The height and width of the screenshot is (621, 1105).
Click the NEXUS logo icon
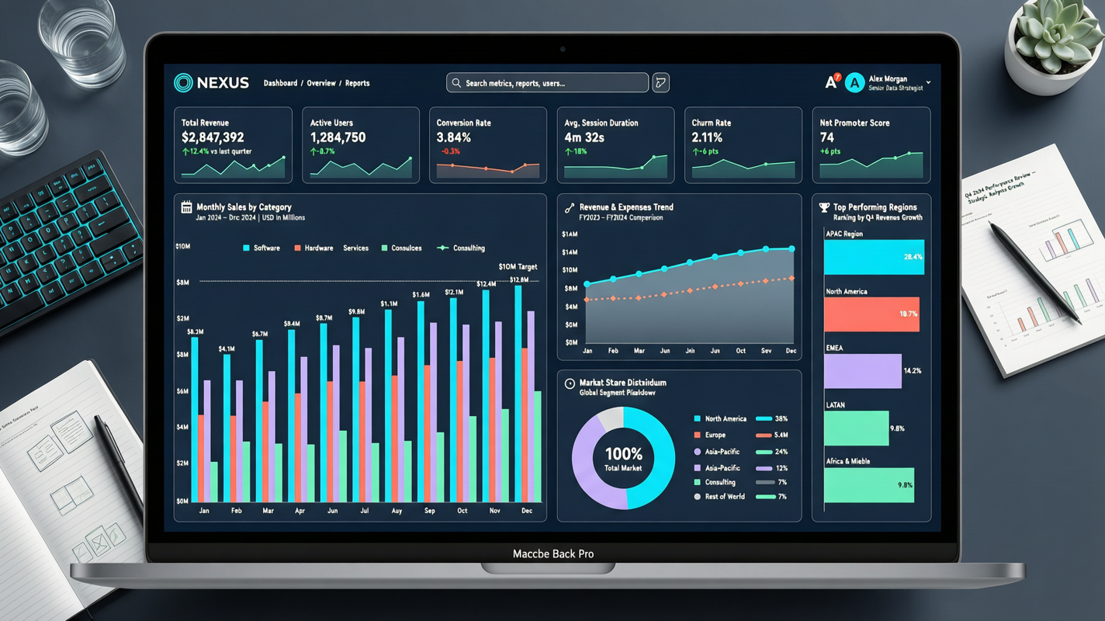pyautogui.click(x=183, y=83)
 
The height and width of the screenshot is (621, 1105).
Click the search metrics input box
pyautogui.click(x=547, y=83)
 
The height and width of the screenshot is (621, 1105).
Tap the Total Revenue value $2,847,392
pyautogui.click(x=213, y=137)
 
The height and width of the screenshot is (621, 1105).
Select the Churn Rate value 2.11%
pyautogui.click(x=707, y=137)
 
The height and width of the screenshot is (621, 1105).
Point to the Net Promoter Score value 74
pyautogui.click(x=826, y=137)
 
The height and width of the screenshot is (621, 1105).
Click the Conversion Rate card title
pyautogui.click(x=463, y=123)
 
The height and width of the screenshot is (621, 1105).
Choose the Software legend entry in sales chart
pyautogui.click(x=262, y=248)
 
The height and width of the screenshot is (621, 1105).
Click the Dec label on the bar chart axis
pyautogui.click(x=527, y=511)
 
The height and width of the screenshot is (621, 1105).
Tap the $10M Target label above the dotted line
pyautogui.click(x=518, y=267)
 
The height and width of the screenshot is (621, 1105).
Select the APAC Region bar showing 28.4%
pyautogui.click(x=873, y=257)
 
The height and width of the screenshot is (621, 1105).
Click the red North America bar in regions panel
pyautogui.click(x=871, y=314)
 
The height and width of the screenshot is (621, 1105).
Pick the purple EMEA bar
pyautogui.click(x=862, y=371)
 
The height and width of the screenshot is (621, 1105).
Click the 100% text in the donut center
pyautogui.click(x=623, y=454)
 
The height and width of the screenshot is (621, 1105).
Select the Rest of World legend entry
pyautogui.click(x=725, y=497)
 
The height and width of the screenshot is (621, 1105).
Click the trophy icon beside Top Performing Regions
pyautogui.click(x=824, y=207)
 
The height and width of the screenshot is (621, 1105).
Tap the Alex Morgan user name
pyautogui.click(x=888, y=79)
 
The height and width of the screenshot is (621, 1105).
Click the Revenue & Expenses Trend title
pyautogui.click(x=625, y=207)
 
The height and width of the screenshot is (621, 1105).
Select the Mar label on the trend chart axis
pyautogui.click(x=639, y=351)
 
